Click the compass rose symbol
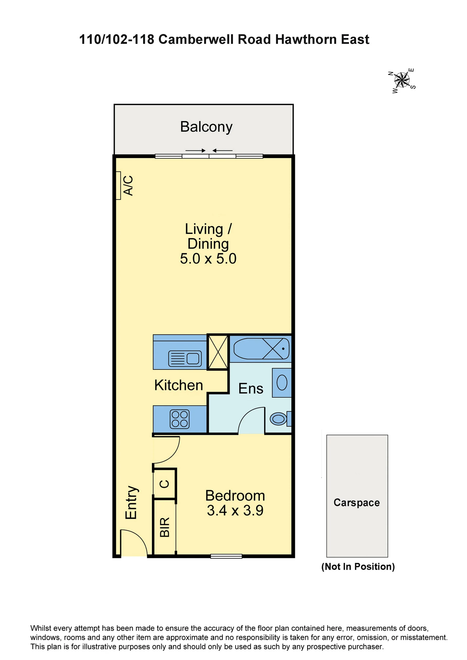coord(402,80)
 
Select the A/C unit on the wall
coord(118,185)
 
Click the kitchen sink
coord(185,359)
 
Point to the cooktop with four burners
coord(180,419)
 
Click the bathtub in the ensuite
coord(261,349)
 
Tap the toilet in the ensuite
coord(281,419)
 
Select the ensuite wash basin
coord(282,383)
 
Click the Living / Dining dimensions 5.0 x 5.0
coord(208,259)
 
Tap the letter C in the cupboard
coord(164,484)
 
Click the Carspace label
coord(357,502)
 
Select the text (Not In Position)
coord(358,567)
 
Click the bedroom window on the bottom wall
coord(226,556)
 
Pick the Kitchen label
coord(179,385)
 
